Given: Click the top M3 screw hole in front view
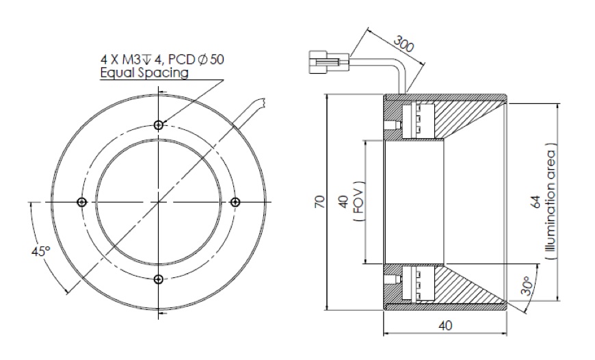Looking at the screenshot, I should coord(159,125).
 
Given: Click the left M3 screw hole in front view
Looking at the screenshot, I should coord(82,201).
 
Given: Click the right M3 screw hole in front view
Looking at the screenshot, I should coord(235,201).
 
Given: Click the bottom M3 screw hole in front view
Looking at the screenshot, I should coord(159,278).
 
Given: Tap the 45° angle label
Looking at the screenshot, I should coord(41,252).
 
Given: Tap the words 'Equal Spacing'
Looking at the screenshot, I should coord(144,73).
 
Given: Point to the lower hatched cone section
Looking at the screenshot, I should coord(472,287).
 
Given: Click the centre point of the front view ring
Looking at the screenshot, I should coord(159,201).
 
